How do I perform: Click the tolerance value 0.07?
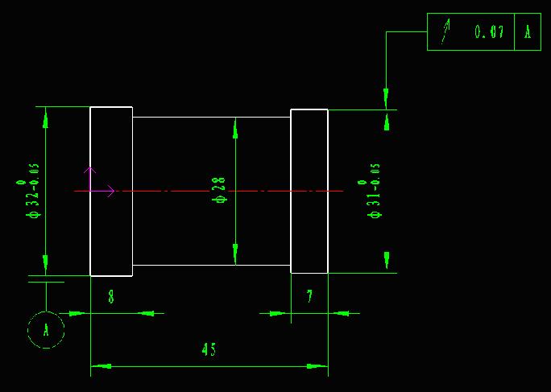490,31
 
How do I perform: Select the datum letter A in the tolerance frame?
528,31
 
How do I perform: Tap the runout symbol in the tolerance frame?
445,31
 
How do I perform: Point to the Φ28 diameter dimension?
221,190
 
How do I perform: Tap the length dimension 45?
209,349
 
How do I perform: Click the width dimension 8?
111,297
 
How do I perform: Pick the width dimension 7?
309,297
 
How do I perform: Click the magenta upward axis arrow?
90,179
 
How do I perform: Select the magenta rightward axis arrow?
102,191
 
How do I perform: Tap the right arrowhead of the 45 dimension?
317,366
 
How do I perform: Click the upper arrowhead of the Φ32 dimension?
45,118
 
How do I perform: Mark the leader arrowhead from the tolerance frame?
386,99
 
